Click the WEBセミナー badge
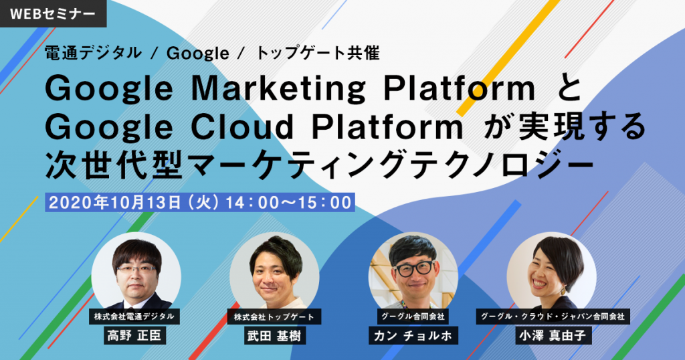53,13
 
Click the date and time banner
199,202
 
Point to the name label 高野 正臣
134,335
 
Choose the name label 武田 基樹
274,335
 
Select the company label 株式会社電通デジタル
134,317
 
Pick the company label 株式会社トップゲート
274,317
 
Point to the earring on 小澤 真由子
563,290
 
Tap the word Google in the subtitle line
197,54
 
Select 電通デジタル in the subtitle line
93,53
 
